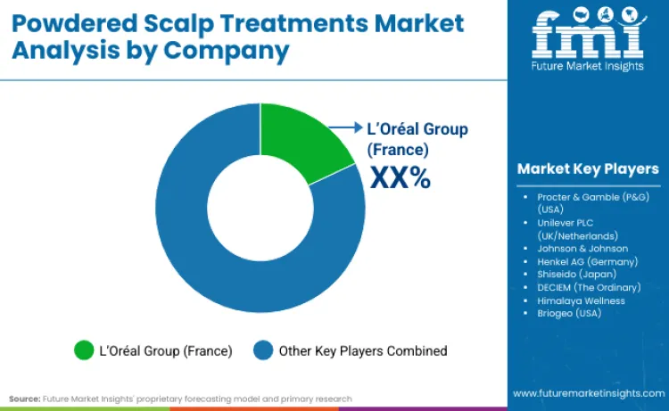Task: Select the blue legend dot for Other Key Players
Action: pyautogui.click(x=265, y=350)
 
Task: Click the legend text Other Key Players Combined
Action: pyautogui.click(x=363, y=350)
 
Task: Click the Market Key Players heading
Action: pyautogui.click(x=588, y=169)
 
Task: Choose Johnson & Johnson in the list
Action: pyautogui.click(x=582, y=248)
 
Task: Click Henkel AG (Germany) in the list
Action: pyautogui.click(x=587, y=261)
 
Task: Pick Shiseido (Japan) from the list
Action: pyautogui.click(x=576, y=274)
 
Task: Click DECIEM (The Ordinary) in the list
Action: pyautogui.click(x=589, y=287)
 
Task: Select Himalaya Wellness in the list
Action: pyautogui.click(x=581, y=300)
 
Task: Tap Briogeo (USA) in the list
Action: pyautogui.click(x=570, y=313)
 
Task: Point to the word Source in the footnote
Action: pyautogui.click(x=25, y=399)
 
